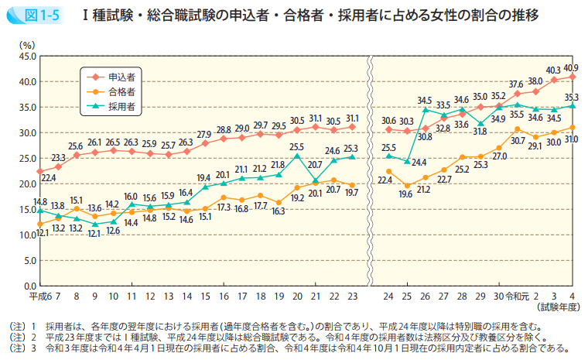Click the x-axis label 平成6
click(39, 297)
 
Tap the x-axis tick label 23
click(352, 297)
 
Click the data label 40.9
click(571, 67)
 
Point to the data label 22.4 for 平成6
click(49, 179)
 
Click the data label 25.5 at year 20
click(296, 146)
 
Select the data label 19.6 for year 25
click(406, 194)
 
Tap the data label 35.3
click(571, 98)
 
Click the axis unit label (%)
click(26, 46)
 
